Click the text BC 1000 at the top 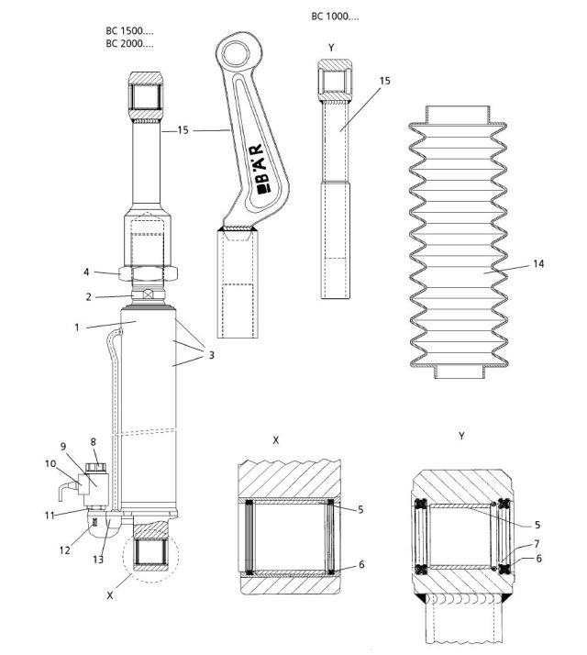click(335, 17)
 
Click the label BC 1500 click(129, 31)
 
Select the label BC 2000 click(129, 43)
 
